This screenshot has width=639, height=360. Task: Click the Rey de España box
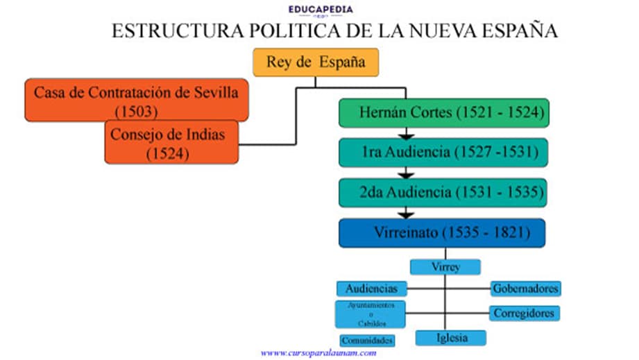tap(316, 62)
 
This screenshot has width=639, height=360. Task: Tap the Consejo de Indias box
tap(171, 142)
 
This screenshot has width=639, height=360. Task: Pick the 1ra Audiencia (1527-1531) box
tap(444, 153)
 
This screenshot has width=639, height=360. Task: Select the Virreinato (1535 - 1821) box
tap(442, 232)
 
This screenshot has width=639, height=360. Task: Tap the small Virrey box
tap(445, 267)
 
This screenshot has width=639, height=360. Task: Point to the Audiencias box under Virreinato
tap(371, 288)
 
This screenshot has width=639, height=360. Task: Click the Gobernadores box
tap(525, 288)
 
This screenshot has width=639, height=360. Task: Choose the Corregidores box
tap(524, 313)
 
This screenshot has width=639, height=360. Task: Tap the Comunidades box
tap(368, 340)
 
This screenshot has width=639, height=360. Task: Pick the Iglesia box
tap(451, 338)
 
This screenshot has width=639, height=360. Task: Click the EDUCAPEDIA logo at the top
tap(321, 10)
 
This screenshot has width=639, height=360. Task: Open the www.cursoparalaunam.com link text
tap(318, 353)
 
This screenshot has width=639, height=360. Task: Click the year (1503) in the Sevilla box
tap(137, 111)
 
